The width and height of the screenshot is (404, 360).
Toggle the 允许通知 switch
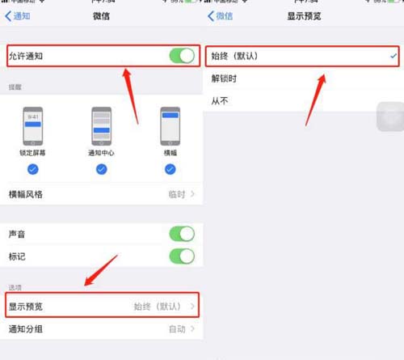coord(182,56)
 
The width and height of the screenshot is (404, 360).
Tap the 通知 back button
coord(18,16)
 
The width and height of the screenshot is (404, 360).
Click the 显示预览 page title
coord(303,16)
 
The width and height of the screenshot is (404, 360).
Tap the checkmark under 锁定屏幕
coord(33,169)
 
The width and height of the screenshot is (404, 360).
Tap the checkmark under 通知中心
coord(101,169)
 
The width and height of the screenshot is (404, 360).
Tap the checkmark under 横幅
coord(170,169)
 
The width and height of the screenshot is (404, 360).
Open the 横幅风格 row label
coord(25,194)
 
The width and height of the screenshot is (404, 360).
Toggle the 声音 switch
coord(182,234)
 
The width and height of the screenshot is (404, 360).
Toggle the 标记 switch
coord(182,256)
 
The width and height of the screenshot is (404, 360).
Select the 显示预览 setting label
coord(25,306)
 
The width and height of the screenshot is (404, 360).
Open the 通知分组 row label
coord(25,329)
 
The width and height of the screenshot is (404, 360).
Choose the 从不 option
coord(219,102)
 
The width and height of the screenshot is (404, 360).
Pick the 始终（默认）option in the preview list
coord(239,57)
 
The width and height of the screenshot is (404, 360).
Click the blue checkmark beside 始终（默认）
coord(393,57)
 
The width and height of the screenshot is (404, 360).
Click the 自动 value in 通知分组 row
coord(177,329)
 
